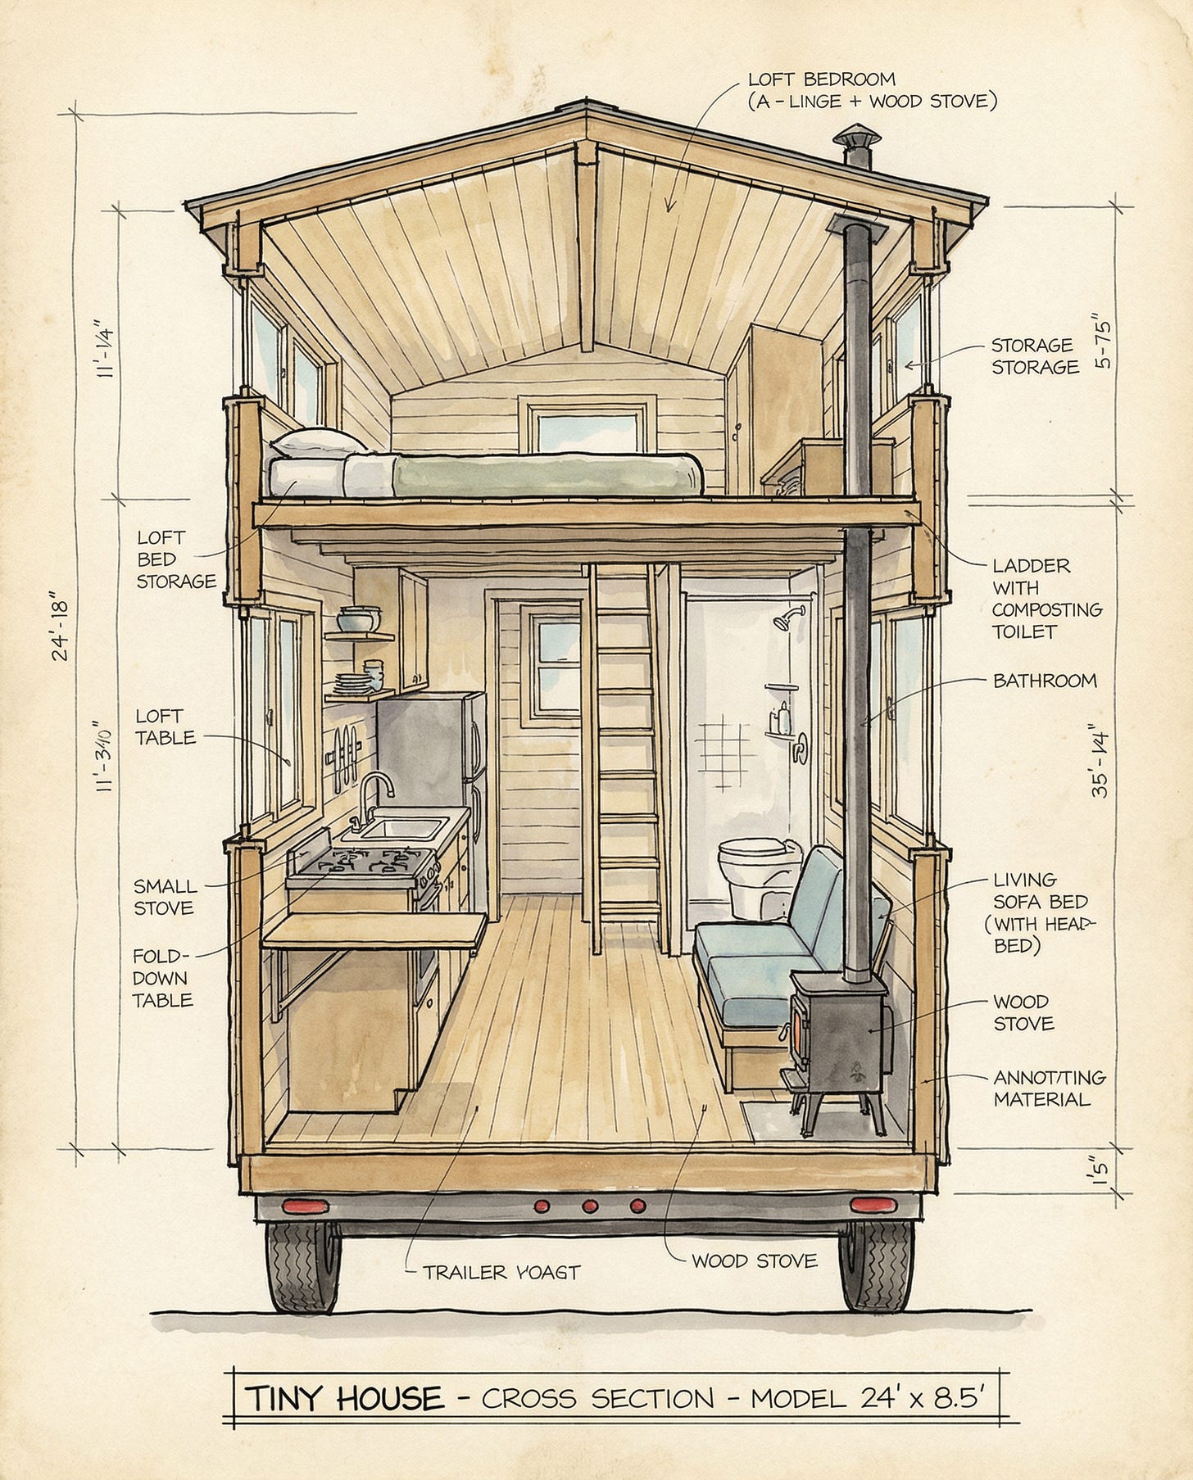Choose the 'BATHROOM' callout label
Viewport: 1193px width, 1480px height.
[1044, 681]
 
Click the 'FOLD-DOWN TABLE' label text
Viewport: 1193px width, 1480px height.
[162, 978]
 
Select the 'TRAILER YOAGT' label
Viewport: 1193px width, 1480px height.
[501, 1272]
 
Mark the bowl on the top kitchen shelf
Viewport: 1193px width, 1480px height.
[358, 618]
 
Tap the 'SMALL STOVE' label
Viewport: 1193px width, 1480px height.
[165, 897]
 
